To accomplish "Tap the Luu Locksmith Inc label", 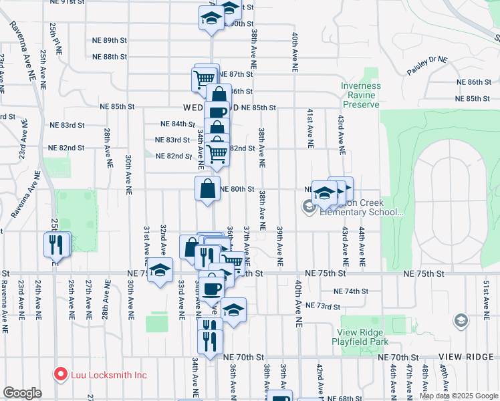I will tap(107, 375).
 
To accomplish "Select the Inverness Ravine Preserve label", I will tap(360, 95).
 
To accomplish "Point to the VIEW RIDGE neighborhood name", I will tap(465, 358).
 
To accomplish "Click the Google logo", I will tap(22, 393).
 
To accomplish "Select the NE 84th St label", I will tap(178, 124).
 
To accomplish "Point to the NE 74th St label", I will tap(352, 291).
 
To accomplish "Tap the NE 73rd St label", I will tap(323, 305).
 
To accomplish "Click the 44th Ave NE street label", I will tap(362, 248).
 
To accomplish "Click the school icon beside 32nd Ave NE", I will tap(160, 271).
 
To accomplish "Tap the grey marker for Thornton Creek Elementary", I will tap(309, 207).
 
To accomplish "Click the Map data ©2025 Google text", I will tap(458, 396).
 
